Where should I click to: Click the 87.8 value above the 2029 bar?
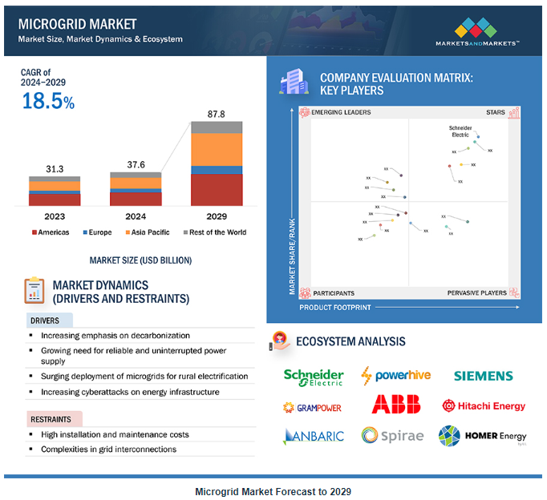[x=216, y=114]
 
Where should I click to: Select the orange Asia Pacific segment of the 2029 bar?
[x=216, y=149]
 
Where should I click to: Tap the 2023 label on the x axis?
[x=55, y=216]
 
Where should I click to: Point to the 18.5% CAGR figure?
[x=48, y=102]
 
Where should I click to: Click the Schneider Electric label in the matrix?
[x=460, y=131]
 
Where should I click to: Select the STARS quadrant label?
[x=496, y=113]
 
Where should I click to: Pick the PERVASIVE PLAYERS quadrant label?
[x=477, y=293]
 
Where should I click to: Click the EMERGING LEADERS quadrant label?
[x=341, y=113]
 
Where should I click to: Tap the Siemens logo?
[x=483, y=376]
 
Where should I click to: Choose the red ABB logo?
[x=396, y=405]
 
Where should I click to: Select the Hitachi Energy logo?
[x=484, y=405]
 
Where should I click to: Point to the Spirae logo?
[x=391, y=435]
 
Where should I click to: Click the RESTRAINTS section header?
[x=51, y=419]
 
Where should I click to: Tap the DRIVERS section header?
[x=45, y=321]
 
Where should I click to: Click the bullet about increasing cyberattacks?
[x=130, y=392]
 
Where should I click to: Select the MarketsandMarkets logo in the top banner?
[x=476, y=32]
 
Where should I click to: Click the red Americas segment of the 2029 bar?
[x=216, y=190]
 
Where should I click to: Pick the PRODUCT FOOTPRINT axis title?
[x=334, y=307]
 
